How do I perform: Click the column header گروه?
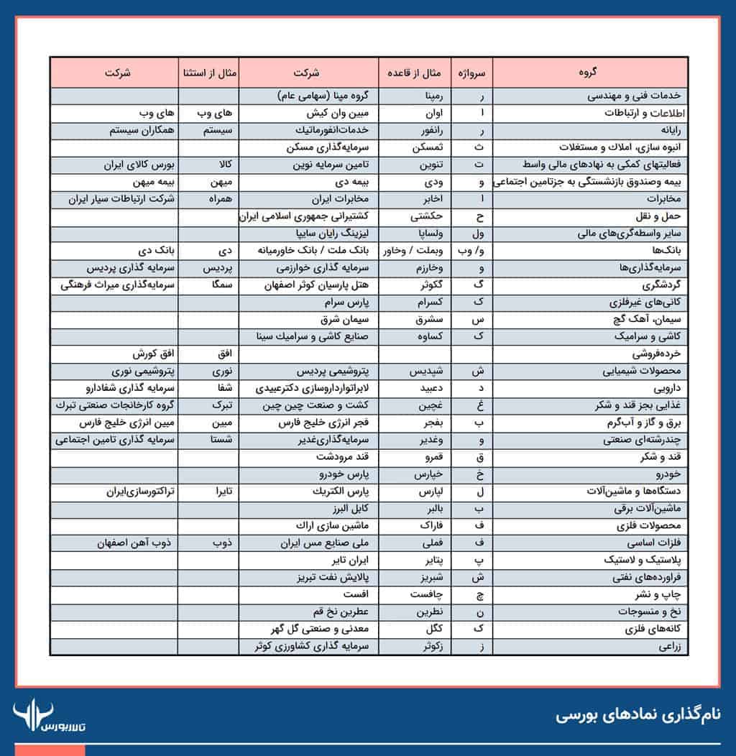(x=589, y=73)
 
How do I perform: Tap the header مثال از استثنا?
(x=208, y=73)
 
